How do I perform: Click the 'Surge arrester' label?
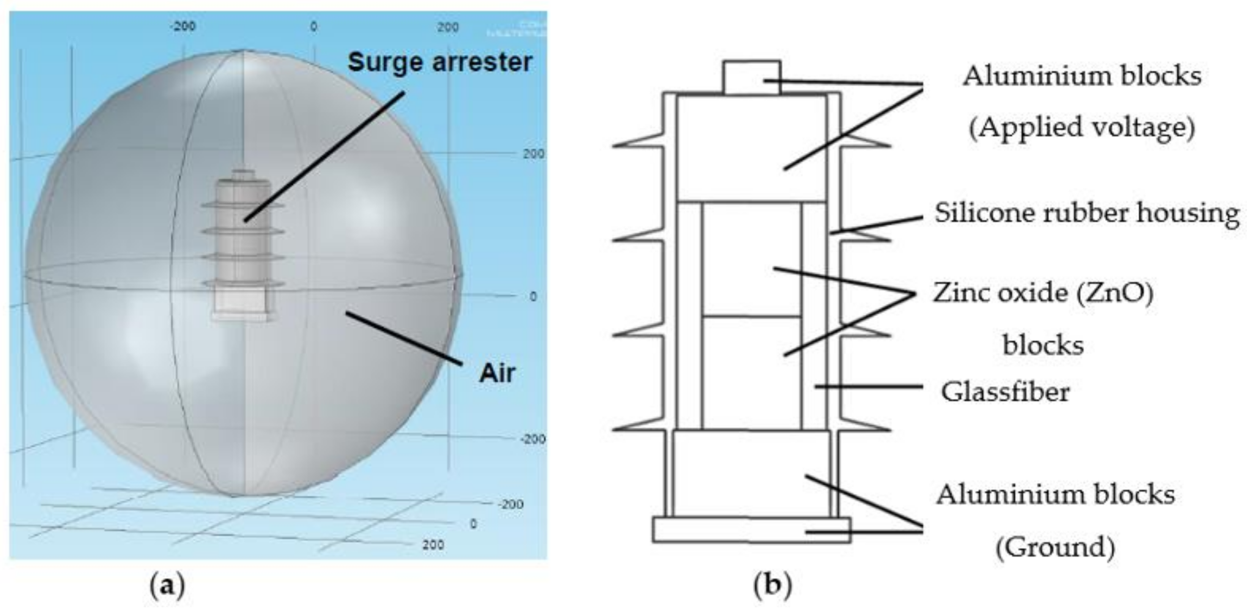pos(439,63)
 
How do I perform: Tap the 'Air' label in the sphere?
pos(497,373)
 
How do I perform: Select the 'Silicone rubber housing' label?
pos(1086,213)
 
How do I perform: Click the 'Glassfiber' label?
pos(1005,392)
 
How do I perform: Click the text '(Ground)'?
pos(1055,547)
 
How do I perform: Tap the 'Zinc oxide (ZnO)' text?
pos(1043,293)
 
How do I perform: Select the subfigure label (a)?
pos(168,586)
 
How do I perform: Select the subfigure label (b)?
pos(772,586)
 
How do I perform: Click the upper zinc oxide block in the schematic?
pos(751,260)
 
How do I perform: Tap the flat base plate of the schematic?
pos(751,530)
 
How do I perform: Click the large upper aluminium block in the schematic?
pos(751,148)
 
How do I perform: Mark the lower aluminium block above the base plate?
pos(751,473)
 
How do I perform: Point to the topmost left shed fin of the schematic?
pos(636,145)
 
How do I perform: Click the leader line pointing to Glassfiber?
pos(869,386)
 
